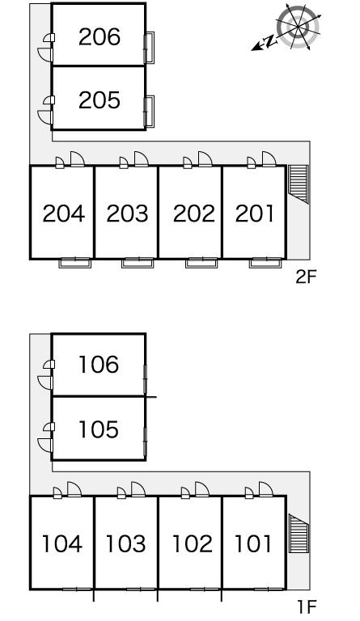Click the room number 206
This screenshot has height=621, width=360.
pyautogui.click(x=100, y=37)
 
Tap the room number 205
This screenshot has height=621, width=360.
pyautogui.click(x=100, y=100)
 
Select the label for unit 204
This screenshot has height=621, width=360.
pyautogui.click(x=63, y=213)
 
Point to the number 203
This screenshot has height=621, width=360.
pyautogui.click(x=127, y=213)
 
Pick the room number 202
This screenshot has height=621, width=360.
pyautogui.click(x=194, y=213)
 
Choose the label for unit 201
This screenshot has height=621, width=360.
pyautogui.click(x=255, y=213)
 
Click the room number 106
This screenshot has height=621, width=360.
pyautogui.click(x=99, y=365)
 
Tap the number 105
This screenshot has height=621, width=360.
pyautogui.click(x=99, y=429)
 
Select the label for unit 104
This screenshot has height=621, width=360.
pyautogui.click(x=62, y=543)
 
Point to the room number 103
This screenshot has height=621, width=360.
pyautogui.click(x=125, y=543)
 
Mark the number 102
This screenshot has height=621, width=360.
pyautogui.click(x=193, y=543)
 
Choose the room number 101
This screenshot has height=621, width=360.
pyautogui.click(x=253, y=543)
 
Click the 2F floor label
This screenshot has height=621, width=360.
pyautogui.click(x=306, y=277)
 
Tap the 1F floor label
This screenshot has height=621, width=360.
pyautogui.click(x=307, y=606)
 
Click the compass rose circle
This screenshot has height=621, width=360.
pyautogui.click(x=298, y=27)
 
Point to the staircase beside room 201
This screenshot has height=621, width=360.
pyautogui.click(x=298, y=184)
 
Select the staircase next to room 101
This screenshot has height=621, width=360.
pyautogui.click(x=299, y=533)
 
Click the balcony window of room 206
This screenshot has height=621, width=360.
pyautogui.click(x=150, y=48)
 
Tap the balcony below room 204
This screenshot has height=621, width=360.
pyautogui.click(x=75, y=263)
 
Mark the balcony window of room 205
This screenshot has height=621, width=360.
pyautogui.click(x=150, y=112)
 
